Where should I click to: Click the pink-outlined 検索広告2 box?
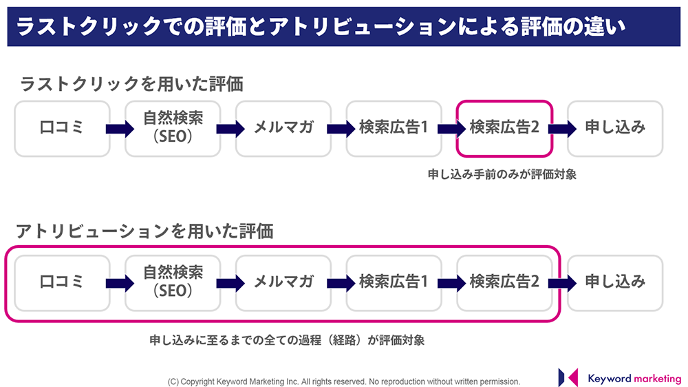[504, 129]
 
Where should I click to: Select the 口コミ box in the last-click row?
[62, 129]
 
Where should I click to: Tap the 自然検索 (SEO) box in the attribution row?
[173, 283]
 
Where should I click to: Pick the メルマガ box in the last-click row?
[283, 129]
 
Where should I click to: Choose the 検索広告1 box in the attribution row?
[394, 283]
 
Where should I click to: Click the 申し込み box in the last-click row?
[615, 129]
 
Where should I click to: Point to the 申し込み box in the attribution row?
[615, 283]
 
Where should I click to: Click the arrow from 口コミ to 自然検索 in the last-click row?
[120, 129]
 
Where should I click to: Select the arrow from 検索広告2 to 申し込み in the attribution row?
[562, 283]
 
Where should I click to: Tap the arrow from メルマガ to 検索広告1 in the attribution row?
[341, 283]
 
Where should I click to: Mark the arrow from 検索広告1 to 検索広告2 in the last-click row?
[451, 129]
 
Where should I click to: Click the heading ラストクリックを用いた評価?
[131, 83]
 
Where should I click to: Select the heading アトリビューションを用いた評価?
[144, 231]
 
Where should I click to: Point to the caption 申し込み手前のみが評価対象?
[502, 174]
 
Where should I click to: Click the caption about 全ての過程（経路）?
[287, 340]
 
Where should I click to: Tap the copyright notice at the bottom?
[343, 381]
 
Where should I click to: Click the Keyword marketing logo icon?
[568, 377]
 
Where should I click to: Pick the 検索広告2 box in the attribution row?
[504, 283]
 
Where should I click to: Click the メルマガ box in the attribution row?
[283, 283]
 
